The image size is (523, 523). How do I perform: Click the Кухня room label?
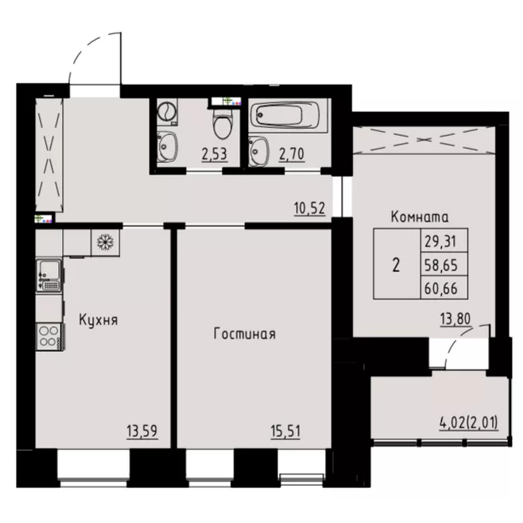pyautogui.click(x=99, y=320)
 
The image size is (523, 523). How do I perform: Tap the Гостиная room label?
pyautogui.click(x=245, y=334)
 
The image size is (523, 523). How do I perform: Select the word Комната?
pyautogui.click(x=420, y=217)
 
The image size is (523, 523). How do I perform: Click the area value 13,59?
pyautogui.click(x=142, y=431)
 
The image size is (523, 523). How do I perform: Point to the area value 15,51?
pyautogui.click(x=285, y=431)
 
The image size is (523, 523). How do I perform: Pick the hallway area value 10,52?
pyautogui.click(x=309, y=208)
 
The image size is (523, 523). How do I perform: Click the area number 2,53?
pyautogui.click(x=215, y=154)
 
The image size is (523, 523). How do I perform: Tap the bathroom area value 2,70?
pyautogui.click(x=292, y=154)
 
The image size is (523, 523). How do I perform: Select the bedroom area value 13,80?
pyautogui.click(x=455, y=320)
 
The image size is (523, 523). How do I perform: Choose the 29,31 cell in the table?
pyautogui.click(x=444, y=241)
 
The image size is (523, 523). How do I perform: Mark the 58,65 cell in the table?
pyautogui.click(x=444, y=265)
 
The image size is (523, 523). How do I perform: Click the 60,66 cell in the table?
pyautogui.click(x=444, y=288)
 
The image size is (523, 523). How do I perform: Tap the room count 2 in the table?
pyautogui.click(x=397, y=265)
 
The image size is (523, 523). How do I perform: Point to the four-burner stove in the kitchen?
pyautogui.click(x=50, y=336)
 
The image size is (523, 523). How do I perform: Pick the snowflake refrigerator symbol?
pyautogui.click(x=105, y=242)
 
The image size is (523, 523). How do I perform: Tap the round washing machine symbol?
pyautogui.click(x=167, y=111)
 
